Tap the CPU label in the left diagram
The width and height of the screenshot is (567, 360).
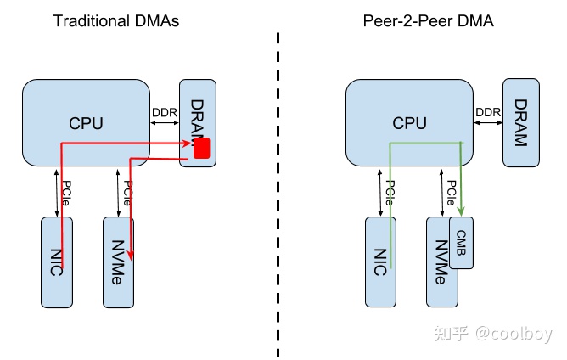pyautogui.click(x=86, y=124)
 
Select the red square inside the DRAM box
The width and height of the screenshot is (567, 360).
pyautogui.click(x=202, y=149)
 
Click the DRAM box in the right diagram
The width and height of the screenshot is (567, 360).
pyautogui.click(x=519, y=123)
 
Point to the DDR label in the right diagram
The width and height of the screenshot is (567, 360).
pyautogui.click(x=487, y=113)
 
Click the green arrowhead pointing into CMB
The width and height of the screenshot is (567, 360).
pyautogui.click(x=461, y=213)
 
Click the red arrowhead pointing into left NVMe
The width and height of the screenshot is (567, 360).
pyautogui.click(x=132, y=253)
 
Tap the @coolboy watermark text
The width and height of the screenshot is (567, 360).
pyautogui.click(x=515, y=333)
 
